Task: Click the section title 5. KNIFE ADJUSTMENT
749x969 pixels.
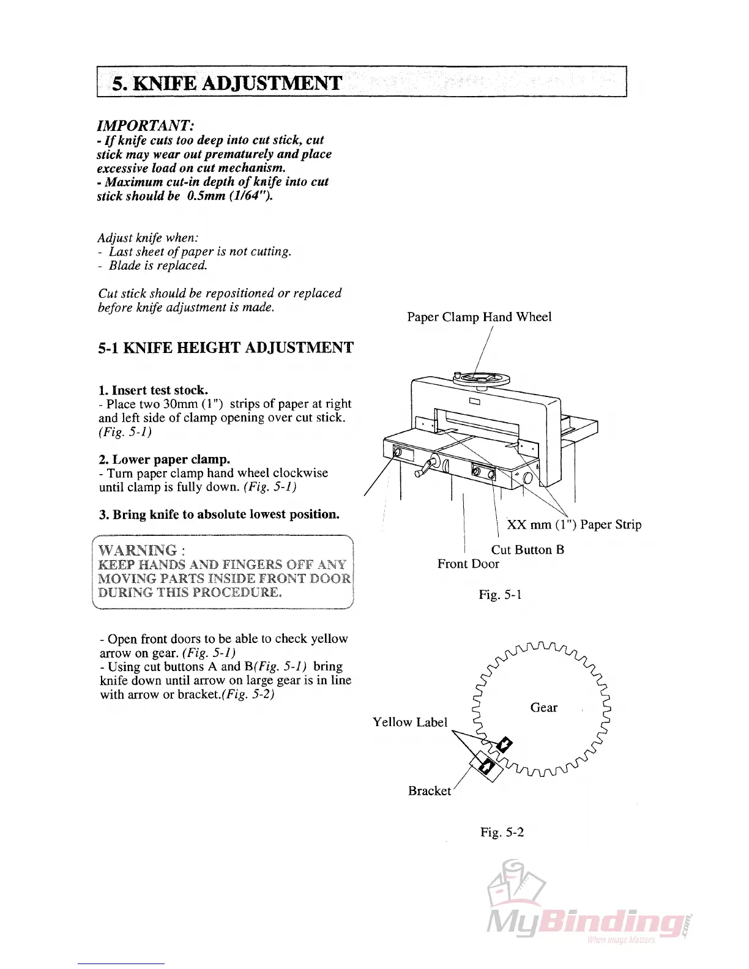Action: point(226,83)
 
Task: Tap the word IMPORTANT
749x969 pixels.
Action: point(144,125)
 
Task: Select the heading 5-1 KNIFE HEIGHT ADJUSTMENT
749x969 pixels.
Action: point(226,348)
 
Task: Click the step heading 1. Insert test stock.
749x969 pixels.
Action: point(154,390)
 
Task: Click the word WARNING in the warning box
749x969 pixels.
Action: point(138,550)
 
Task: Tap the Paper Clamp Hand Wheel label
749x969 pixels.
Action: point(479,317)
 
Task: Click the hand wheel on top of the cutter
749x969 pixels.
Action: point(480,378)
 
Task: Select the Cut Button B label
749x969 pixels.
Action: point(527,550)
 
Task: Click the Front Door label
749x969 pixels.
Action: point(468,564)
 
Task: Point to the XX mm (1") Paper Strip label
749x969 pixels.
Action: point(574,525)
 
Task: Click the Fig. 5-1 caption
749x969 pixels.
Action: point(500,595)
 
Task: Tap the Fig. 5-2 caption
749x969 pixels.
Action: point(502,832)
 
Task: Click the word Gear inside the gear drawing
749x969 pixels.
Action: point(543,708)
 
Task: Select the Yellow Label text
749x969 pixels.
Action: point(410,722)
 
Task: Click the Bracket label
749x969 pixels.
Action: point(430,791)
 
